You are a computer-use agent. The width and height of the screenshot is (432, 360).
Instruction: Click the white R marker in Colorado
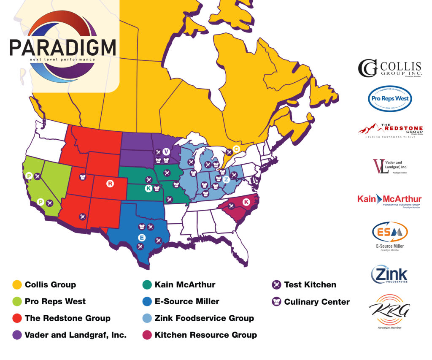click(110, 184)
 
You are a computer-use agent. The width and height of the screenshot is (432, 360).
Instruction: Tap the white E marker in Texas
click(142, 238)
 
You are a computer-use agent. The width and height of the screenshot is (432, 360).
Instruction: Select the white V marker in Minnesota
click(166, 152)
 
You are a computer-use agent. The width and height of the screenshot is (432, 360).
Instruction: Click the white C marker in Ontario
click(237, 149)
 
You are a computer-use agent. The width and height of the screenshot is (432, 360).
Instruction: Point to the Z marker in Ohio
click(226, 179)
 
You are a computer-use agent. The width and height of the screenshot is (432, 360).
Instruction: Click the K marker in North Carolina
click(246, 202)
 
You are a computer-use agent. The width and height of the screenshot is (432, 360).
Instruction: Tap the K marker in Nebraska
click(148, 189)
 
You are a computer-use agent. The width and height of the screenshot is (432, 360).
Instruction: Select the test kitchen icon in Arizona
click(83, 217)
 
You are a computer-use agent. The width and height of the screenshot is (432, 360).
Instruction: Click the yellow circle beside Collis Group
click(17, 285)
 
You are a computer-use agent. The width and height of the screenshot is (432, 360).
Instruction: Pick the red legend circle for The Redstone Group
click(17, 319)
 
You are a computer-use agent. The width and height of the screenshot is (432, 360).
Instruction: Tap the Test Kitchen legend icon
click(276, 285)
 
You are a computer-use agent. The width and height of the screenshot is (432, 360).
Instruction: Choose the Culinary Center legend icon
click(276, 302)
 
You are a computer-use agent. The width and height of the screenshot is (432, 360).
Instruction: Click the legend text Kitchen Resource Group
click(205, 335)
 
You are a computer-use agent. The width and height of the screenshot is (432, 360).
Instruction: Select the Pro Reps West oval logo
click(389, 99)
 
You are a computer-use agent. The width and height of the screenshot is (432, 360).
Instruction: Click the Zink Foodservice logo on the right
click(389, 274)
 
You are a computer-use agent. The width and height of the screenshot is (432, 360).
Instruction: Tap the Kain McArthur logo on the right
click(389, 200)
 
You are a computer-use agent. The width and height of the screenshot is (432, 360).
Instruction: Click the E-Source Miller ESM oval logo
click(389, 233)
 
